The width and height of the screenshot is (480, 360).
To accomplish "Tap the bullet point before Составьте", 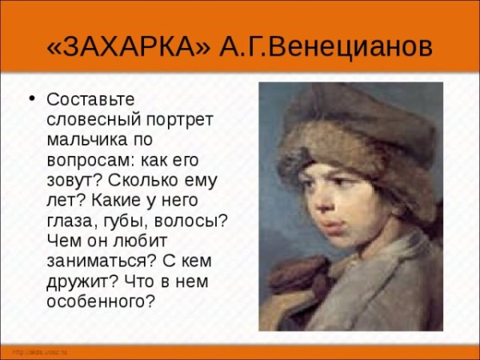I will [x=33, y=99].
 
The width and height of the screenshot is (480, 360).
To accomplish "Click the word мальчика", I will [x=90, y=140].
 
